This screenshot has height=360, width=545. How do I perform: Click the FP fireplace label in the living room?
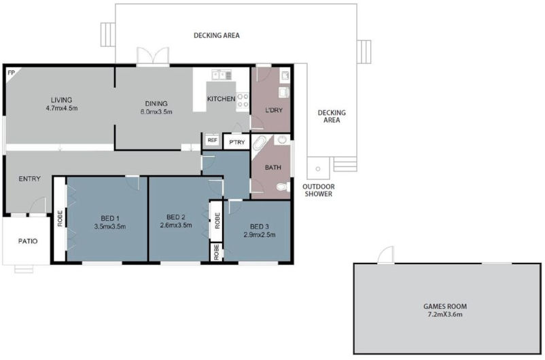11,72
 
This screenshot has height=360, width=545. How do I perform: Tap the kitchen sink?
221,74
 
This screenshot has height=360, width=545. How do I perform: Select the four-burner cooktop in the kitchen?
243,101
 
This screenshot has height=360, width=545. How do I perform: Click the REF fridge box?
212,141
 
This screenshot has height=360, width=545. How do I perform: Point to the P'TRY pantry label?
236,142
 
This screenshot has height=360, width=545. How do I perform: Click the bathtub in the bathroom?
260,145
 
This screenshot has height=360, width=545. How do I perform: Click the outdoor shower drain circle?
316,167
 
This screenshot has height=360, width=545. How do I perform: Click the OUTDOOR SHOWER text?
318,190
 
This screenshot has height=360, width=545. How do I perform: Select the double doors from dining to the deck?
152,56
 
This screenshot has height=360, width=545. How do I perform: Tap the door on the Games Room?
385,255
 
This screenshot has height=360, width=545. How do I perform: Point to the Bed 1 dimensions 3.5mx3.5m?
109,226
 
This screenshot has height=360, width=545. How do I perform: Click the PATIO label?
28,241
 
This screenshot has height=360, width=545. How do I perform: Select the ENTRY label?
29,179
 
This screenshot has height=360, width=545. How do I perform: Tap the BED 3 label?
260,226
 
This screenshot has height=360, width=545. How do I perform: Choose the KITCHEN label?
221,99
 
